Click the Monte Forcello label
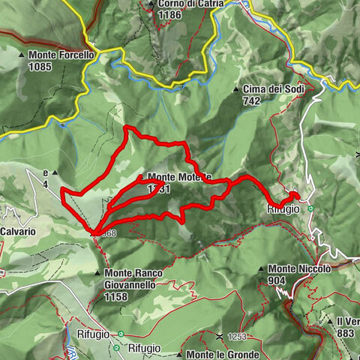click(61, 54)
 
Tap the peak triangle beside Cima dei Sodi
click(236, 89)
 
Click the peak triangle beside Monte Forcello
click(22, 55)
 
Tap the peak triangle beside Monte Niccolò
click(261, 269)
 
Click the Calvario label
click(18, 232)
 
